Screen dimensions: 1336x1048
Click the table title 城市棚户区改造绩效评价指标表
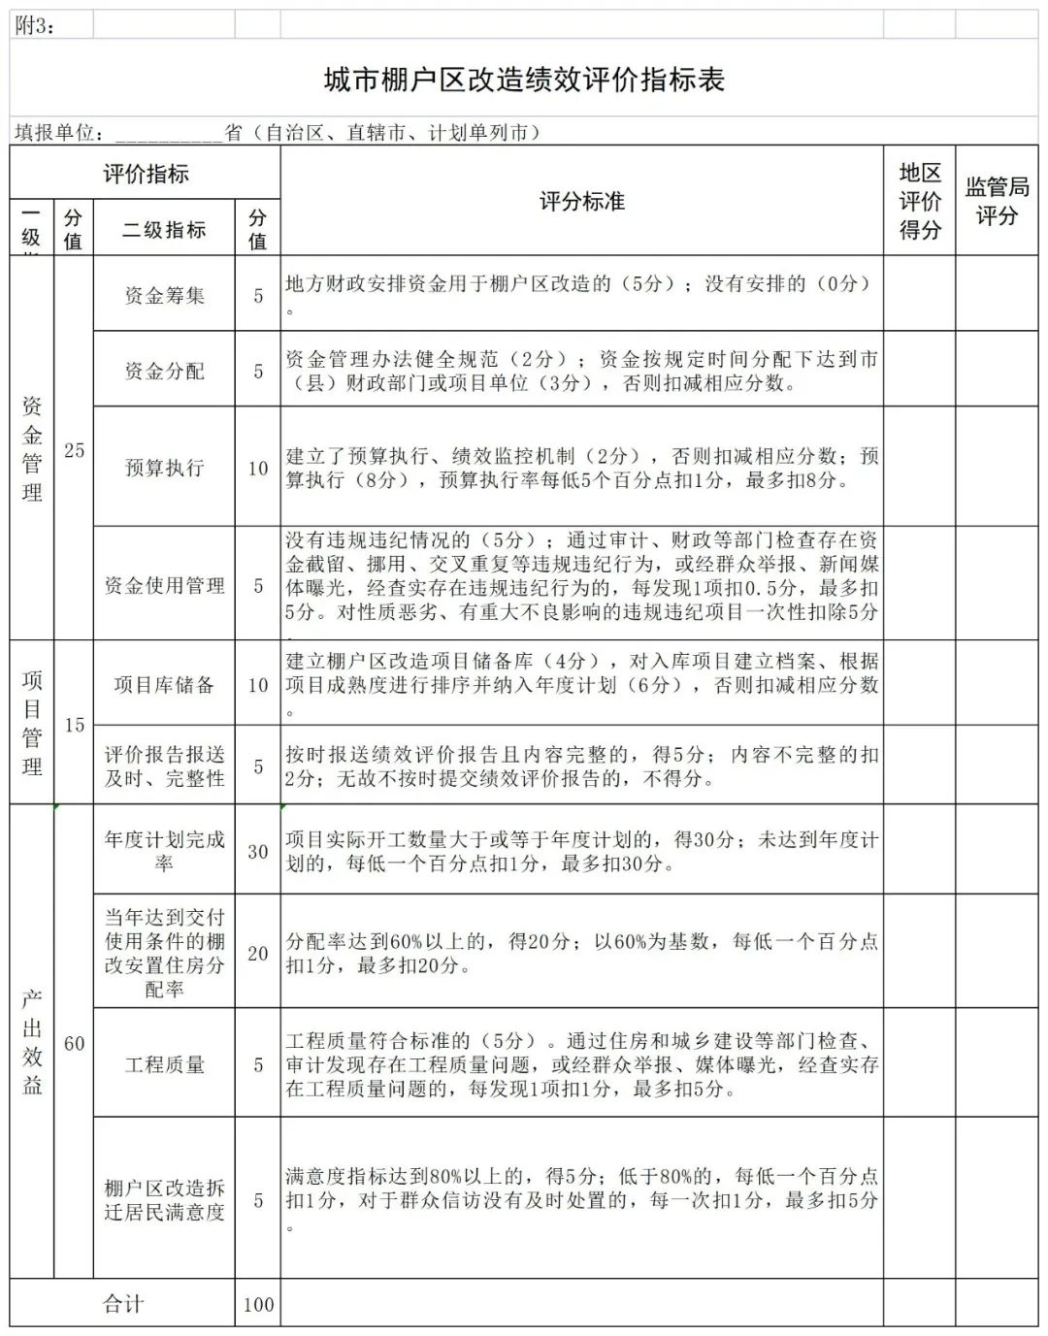pyautogui.click(x=524, y=80)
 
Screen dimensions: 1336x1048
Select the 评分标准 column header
pyautogui.click(x=581, y=202)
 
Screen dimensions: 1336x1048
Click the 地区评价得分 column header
pyautogui.click(x=919, y=202)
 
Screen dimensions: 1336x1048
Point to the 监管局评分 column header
pyautogui.click(x=997, y=201)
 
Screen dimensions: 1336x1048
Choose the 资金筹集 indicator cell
pyautogui.click(x=164, y=295)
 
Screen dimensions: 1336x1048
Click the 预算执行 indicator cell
pyautogui.click(x=164, y=468)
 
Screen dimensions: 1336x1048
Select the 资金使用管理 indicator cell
pyautogui.click(x=164, y=585)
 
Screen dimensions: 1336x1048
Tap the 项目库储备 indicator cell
pyautogui.click(x=164, y=685)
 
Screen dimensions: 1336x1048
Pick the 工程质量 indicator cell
pyautogui.click(x=164, y=1065)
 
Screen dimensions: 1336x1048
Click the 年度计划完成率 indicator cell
pyautogui.click(x=164, y=851)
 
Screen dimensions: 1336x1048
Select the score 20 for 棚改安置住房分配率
pyautogui.click(x=258, y=954)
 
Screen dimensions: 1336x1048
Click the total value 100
pyautogui.click(x=258, y=1305)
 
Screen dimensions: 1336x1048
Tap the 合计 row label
pyautogui.click(x=123, y=1305)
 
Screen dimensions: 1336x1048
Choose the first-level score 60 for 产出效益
pyautogui.click(x=75, y=1044)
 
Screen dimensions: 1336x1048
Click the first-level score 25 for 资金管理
pyautogui.click(x=75, y=450)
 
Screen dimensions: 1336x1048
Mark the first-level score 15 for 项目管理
pyautogui.click(x=75, y=725)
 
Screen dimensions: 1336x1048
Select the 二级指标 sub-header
pyautogui.click(x=164, y=230)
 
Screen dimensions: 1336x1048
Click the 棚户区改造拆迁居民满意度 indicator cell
pyautogui.click(x=164, y=1200)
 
